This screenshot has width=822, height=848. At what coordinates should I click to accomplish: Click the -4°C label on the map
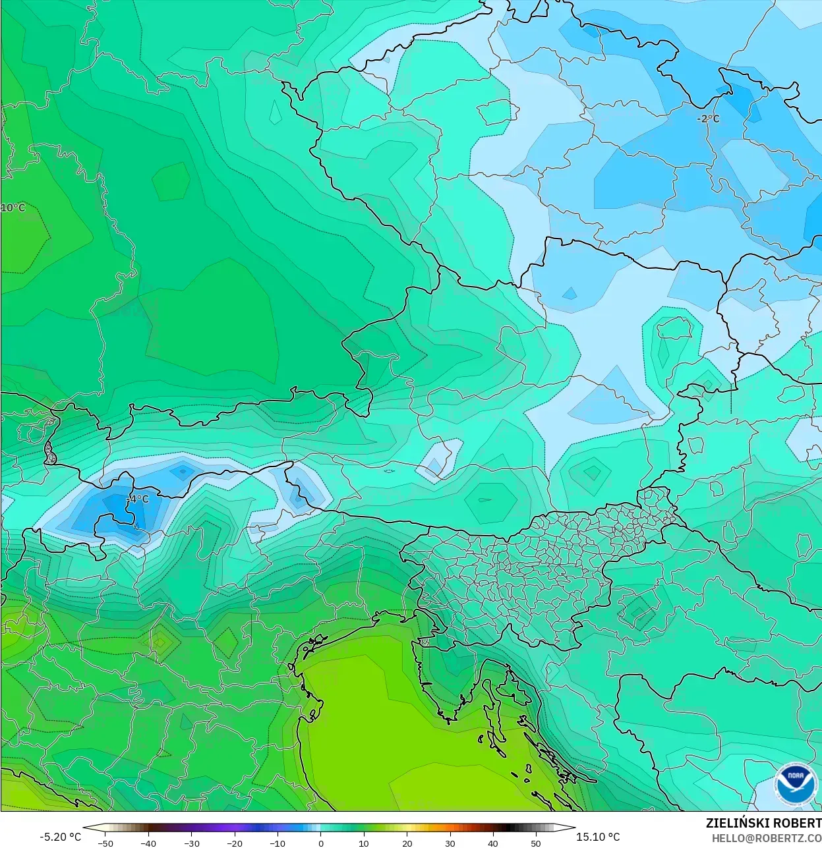click(x=138, y=499)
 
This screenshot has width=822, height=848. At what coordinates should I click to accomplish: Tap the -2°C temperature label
click(x=708, y=119)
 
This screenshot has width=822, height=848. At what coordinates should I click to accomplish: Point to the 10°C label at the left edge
click(x=13, y=208)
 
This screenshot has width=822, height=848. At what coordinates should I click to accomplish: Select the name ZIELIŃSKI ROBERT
click(x=763, y=823)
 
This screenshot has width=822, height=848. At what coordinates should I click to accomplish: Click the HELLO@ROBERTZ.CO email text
click(x=766, y=838)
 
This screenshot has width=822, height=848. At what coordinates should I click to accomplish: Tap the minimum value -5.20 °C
click(x=60, y=837)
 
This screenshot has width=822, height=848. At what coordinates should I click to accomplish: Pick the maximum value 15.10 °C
click(x=598, y=837)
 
